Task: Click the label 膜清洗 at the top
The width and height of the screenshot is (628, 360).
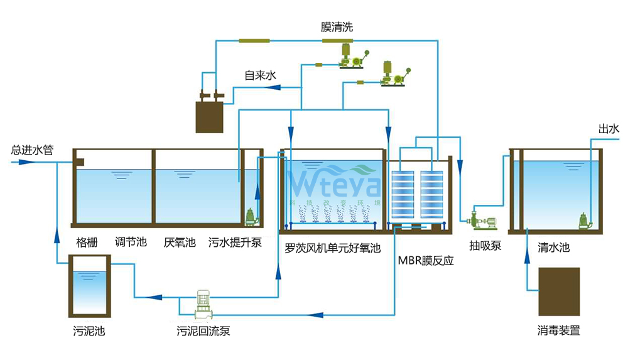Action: [x=337, y=27]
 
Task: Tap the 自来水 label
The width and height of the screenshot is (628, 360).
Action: [x=260, y=75]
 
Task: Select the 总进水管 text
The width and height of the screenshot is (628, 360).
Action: [x=32, y=151]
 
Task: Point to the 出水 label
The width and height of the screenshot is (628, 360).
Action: [x=609, y=129]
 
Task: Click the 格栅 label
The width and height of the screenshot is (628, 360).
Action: [x=87, y=242]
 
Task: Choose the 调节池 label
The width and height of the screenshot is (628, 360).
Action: [x=131, y=242]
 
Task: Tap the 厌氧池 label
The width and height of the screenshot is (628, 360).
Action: [x=180, y=242]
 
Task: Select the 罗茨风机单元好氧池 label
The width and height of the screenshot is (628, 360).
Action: [x=332, y=248]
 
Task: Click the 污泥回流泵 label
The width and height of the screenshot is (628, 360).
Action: [x=203, y=330]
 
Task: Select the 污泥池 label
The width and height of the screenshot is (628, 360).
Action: [x=89, y=330]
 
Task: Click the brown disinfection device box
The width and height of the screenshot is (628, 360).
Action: [x=559, y=292]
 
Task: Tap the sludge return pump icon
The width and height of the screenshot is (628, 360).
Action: [x=203, y=303]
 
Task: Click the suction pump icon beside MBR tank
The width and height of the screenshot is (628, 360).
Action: [x=482, y=221]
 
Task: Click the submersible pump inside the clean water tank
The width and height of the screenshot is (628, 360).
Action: [x=586, y=220]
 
